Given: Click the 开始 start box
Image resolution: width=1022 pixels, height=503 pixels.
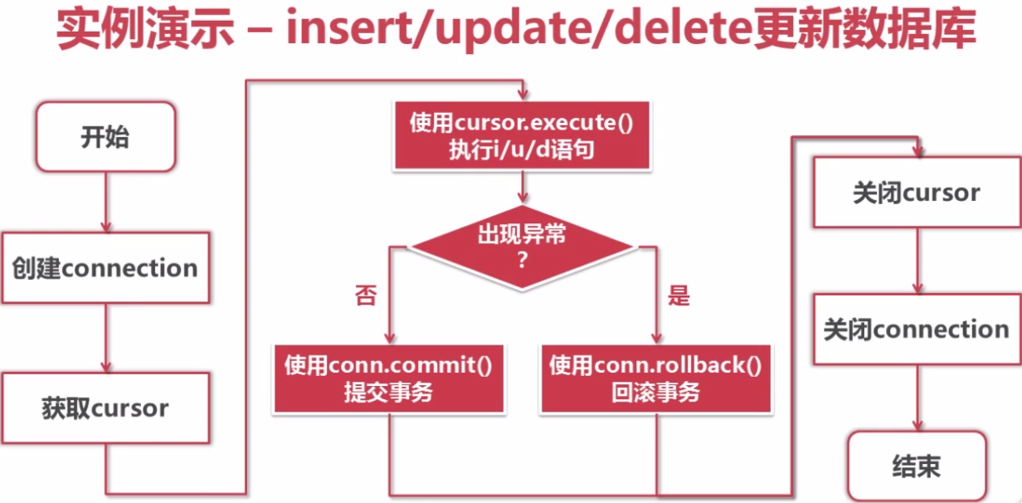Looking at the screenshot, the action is [105, 137].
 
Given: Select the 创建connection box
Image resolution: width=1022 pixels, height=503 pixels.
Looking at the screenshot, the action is [105, 268].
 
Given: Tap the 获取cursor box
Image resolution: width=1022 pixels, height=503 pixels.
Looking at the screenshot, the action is [105, 408].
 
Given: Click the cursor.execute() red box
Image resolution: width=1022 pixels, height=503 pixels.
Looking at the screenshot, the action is [520, 135].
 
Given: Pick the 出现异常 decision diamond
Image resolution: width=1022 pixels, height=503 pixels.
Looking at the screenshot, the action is [522, 247].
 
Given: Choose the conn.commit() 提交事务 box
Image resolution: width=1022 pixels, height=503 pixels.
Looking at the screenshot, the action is [389, 378].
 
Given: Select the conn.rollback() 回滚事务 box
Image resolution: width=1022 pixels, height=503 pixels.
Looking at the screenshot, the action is [655, 378].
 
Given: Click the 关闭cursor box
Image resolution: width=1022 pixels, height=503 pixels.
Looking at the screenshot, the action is [917, 193].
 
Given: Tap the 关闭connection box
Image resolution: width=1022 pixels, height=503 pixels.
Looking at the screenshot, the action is [917, 330].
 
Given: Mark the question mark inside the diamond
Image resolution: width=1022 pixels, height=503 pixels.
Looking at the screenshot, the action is [522, 260].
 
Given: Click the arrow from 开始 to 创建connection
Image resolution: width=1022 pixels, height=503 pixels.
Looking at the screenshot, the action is [105, 200].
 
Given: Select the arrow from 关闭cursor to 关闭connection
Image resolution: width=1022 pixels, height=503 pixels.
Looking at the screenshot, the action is [917, 261].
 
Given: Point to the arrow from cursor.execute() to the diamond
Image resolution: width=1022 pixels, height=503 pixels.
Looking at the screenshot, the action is [521, 187].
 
